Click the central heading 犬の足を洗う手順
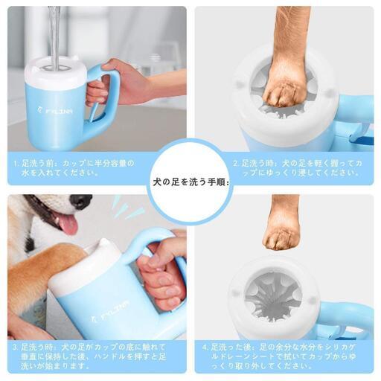pyautogui.click(x=190, y=183)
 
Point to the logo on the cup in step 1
pyautogui.click(x=55, y=110)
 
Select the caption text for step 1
pyautogui.click(x=74, y=168)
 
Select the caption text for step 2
pyautogui.click(x=298, y=168)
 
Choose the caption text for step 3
pyautogui.click(x=89, y=356)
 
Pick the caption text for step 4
pyautogui.click(x=279, y=356)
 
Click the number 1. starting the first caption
pyautogui.click(x=16, y=164)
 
